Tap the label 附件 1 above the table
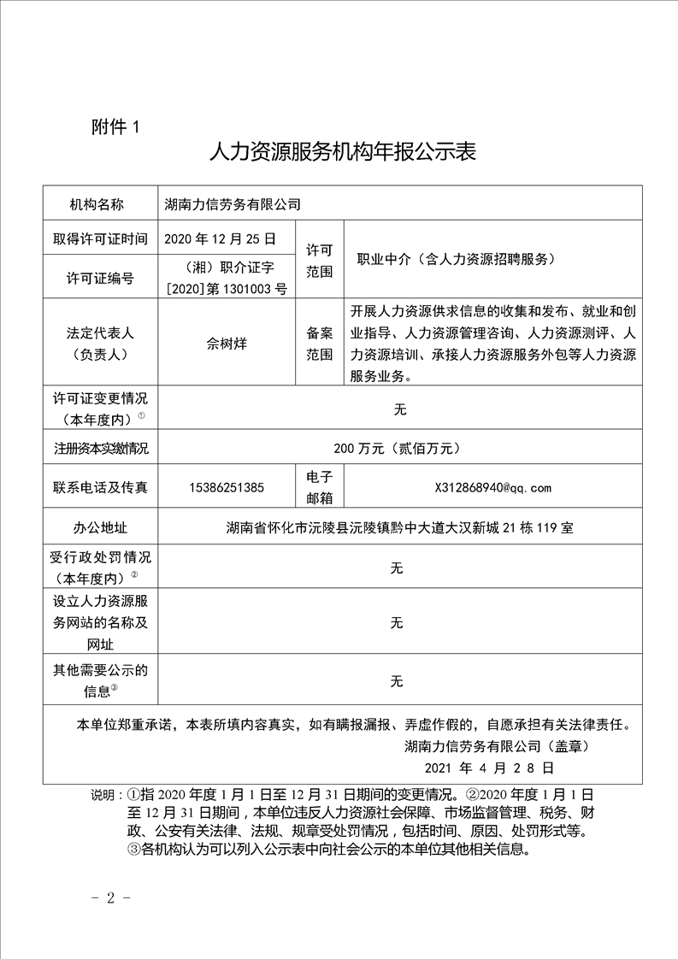(x=115, y=127)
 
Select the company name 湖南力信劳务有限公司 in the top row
(x=233, y=204)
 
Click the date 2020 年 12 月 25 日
(x=220, y=238)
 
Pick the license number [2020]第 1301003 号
(x=227, y=290)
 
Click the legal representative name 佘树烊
(x=227, y=344)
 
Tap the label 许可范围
(x=319, y=259)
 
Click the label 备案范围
(x=319, y=344)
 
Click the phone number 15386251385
(x=227, y=488)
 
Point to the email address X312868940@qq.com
(x=493, y=488)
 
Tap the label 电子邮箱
(x=319, y=487)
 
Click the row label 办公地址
(x=100, y=528)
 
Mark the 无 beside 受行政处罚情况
(x=397, y=568)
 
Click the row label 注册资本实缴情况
(x=100, y=447)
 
